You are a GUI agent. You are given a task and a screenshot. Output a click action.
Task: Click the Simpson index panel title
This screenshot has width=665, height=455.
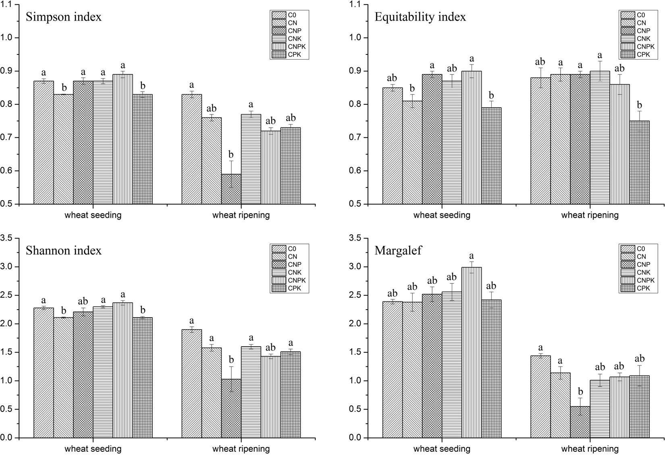point(64,17)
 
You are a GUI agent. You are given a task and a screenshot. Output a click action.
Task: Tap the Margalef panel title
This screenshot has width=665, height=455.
point(398,251)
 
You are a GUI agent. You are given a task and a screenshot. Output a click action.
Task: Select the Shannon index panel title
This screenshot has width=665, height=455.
point(64,251)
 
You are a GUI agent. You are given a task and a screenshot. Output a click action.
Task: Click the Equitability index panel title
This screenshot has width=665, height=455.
point(420,17)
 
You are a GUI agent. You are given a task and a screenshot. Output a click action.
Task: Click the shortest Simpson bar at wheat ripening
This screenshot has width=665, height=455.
point(231,189)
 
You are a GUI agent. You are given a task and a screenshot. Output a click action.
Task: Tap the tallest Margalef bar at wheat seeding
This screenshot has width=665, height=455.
point(472,353)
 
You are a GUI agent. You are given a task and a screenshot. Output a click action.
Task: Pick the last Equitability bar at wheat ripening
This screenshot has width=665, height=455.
point(639,162)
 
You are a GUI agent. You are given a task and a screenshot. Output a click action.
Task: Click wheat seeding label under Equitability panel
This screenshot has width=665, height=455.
point(442,215)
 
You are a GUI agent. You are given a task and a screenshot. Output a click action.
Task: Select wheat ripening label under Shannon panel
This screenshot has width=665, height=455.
point(241,449)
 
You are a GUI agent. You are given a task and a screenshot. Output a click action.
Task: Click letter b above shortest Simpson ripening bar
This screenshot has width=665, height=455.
point(231,155)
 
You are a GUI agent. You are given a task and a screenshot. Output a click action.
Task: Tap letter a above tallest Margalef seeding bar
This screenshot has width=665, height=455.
point(472,256)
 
